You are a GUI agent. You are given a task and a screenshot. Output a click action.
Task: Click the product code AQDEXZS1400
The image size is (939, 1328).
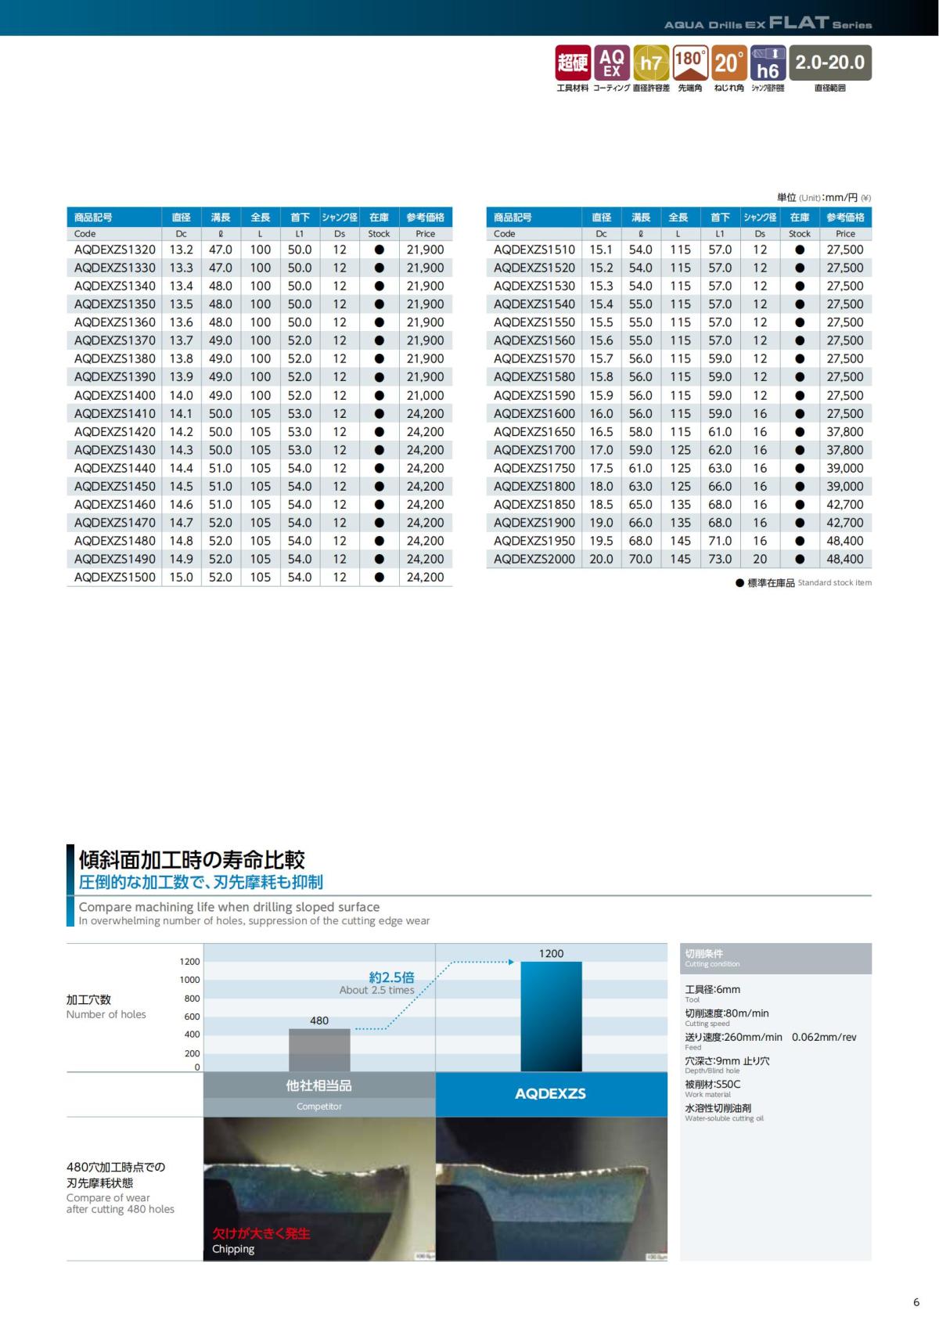point(114,395)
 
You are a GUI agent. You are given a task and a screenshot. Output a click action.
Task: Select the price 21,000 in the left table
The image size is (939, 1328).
point(425,395)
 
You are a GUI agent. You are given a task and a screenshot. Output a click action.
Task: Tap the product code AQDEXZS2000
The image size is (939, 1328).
point(534,559)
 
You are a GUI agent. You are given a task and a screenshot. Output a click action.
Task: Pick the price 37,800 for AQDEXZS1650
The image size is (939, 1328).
point(844,432)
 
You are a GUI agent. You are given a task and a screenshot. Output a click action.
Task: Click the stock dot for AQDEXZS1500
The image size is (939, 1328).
point(379,578)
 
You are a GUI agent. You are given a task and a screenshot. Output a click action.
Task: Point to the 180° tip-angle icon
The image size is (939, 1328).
point(690,63)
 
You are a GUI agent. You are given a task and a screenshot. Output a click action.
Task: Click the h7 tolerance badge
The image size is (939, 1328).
point(651,63)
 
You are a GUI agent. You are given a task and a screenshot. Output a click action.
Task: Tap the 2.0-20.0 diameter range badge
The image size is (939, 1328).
point(829,63)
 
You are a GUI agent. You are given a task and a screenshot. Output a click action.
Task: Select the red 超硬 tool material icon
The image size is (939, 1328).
point(572,63)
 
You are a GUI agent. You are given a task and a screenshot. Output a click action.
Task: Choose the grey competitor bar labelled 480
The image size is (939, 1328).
point(318,1049)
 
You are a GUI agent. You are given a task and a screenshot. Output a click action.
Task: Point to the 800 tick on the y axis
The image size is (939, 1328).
point(192,999)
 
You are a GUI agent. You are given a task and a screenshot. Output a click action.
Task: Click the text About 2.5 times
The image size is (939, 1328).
point(376,990)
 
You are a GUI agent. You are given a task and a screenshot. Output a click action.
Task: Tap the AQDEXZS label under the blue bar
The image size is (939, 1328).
point(550,1093)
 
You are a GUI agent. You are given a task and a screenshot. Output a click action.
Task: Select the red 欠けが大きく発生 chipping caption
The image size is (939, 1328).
point(261,1233)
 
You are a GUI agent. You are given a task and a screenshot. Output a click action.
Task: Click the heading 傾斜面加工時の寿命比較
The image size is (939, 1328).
point(192,860)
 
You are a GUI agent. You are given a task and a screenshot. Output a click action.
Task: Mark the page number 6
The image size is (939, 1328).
point(916,1302)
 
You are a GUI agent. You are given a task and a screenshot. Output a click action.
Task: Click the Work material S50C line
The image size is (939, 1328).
point(712,1085)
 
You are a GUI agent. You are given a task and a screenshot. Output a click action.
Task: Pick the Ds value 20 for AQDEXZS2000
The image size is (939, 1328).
point(760,559)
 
